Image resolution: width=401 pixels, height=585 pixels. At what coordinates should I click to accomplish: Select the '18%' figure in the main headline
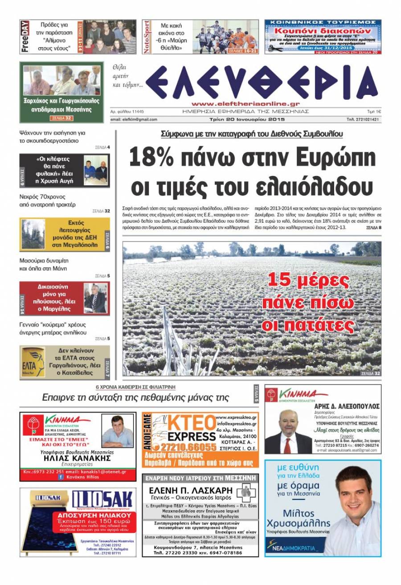pyautogui.click(x=154, y=158)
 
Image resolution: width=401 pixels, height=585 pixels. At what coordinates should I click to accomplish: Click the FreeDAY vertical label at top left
pyautogui.click(x=25, y=37)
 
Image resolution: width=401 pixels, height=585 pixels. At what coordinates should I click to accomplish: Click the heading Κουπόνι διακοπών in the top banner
pyautogui.click(x=323, y=32)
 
